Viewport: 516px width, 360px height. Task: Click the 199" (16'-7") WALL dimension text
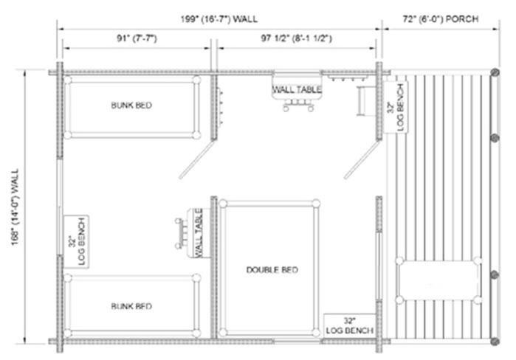coord(219,19)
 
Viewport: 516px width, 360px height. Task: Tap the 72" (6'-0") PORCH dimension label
coord(440,19)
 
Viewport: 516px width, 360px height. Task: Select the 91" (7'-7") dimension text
coord(137,38)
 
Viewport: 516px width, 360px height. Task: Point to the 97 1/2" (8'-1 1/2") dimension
coord(296,38)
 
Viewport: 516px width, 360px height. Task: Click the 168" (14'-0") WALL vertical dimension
coord(16,207)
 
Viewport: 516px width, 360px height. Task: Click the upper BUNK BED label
coord(131,105)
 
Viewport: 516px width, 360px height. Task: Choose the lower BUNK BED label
coord(131,306)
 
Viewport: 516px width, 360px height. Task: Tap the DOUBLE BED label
coord(272,270)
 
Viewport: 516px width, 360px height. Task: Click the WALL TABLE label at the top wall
coord(297,89)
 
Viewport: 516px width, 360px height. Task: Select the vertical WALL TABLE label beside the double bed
coord(199,233)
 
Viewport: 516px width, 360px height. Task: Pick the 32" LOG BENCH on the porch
coord(396,108)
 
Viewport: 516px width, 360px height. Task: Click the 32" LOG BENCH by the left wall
coord(77,241)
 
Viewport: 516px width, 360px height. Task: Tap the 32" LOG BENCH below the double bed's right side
coord(349,325)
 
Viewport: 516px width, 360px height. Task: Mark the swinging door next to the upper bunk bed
coord(197,160)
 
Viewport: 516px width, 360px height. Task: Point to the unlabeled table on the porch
coord(438,280)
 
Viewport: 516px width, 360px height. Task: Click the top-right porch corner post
coord(495,72)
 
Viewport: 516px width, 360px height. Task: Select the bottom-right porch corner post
coord(495,342)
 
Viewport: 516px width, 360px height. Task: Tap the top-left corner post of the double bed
coord(223,203)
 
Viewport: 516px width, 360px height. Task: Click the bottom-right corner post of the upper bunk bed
coord(196,135)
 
